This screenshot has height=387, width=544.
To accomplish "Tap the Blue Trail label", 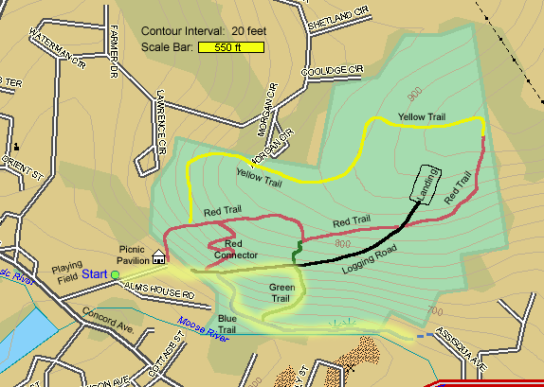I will [x=227, y=323].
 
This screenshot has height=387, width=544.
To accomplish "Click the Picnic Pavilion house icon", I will [x=158, y=256].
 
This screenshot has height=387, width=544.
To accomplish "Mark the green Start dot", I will [x=115, y=274].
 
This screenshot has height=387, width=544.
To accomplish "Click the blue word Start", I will [x=94, y=274].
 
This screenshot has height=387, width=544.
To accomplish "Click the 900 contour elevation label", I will [x=414, y=97].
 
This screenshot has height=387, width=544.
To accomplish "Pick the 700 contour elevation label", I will [x=436, y=310].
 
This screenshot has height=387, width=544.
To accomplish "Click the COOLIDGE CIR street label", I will [x=333, y=70].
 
